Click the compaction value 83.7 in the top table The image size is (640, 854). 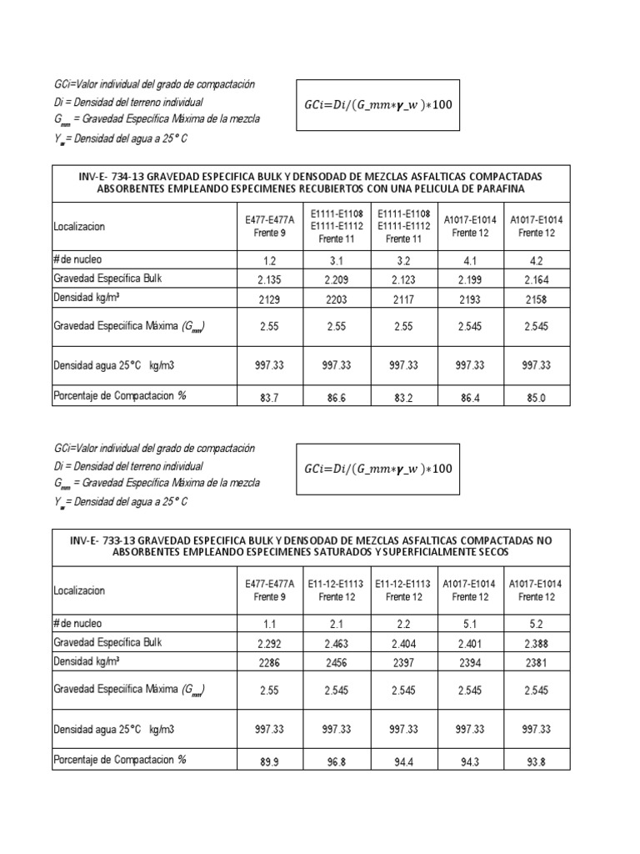[269, 398]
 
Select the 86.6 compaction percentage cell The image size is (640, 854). [337, 398]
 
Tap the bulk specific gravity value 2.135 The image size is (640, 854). [269, 279]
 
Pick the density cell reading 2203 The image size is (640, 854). [337, 299]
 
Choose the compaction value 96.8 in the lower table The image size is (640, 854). [337, 761]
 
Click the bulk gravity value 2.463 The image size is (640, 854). [337, 643]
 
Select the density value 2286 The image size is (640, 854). [269, 662]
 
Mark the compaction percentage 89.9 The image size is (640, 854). [269, 761]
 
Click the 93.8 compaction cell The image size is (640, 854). [537, 761]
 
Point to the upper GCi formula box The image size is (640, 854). [377, 104]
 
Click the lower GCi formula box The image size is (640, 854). [377, 468]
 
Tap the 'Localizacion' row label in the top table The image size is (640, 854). [80, 226]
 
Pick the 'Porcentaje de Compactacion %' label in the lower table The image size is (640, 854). [120, 760]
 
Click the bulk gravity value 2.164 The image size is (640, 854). [537, 279]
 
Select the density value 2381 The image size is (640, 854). [537, 662]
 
